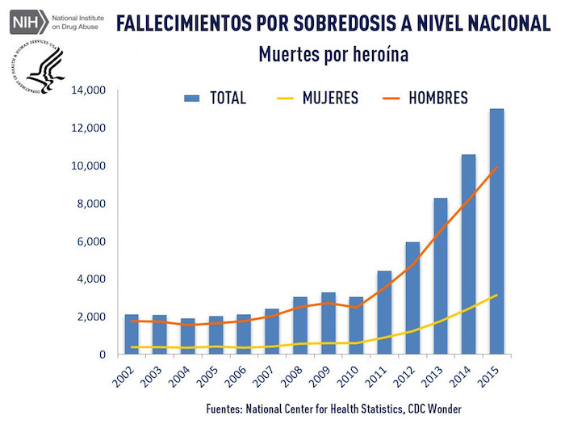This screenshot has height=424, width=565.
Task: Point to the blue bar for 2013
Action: pos(441,275)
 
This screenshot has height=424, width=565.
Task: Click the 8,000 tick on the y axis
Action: pos(92,204)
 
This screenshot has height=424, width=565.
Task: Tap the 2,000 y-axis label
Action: pos(92,317)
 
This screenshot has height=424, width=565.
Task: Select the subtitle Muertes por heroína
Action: pos(333,55)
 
